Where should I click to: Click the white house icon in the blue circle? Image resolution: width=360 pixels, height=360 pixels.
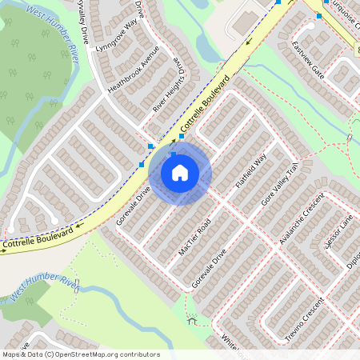(x=180, y=172)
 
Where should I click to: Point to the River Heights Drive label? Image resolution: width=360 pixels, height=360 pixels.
(x=170, y=89)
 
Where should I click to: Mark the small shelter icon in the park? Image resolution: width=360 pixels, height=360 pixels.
(x=191, y=322)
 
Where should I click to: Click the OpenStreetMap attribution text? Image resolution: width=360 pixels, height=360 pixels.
(x=80, y=354)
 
